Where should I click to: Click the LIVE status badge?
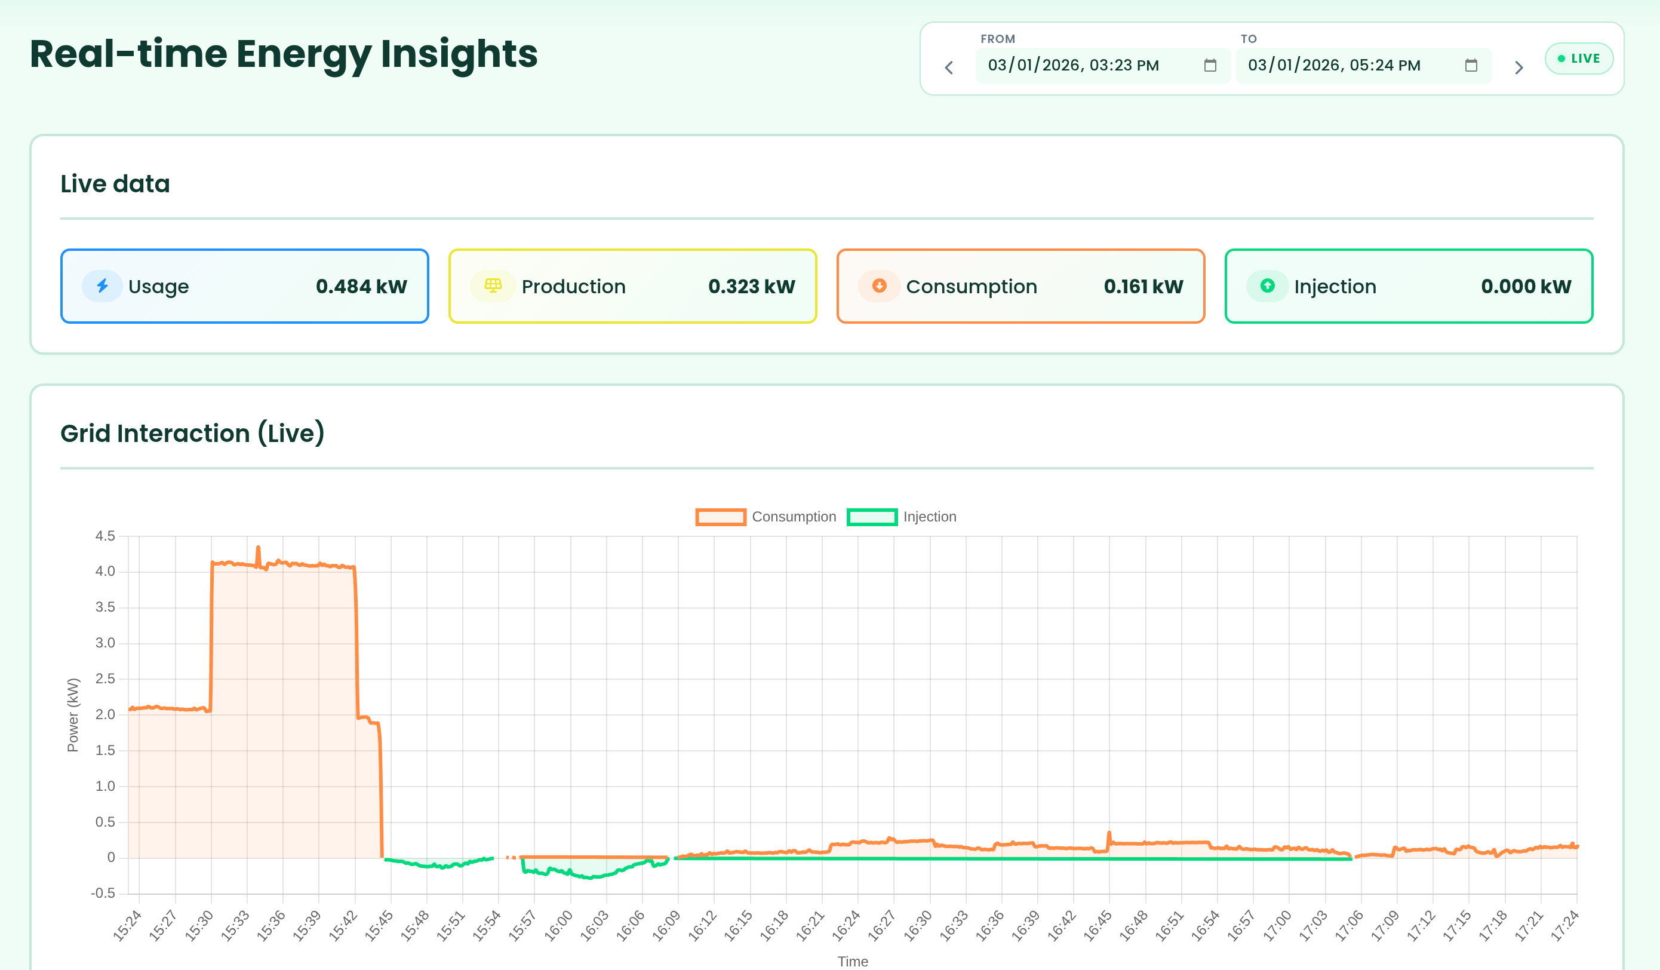click(1578, 59)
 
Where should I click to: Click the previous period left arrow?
click(949, 67)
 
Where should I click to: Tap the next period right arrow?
click(1518, 67)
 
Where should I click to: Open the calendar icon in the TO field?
click(1470, 65)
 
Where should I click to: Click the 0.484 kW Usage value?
click(361, 287)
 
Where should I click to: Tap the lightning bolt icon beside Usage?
click(102, 286)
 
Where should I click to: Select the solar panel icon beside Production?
click(493, 286)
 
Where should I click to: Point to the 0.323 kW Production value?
click(751, 287)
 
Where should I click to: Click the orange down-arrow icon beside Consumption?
click(879, 286)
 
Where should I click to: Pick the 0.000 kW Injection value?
click(1526, 287)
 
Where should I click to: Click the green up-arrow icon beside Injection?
click(1266, 286)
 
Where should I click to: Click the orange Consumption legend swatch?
click(721, 517)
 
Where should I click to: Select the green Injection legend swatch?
click(872, 517)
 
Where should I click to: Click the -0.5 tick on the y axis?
click(103, 894)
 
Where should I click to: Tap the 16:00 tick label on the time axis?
click(558, 925)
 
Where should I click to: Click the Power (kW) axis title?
click(73, 715)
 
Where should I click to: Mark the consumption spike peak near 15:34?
click(258, 547)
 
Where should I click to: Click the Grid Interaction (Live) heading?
click(192, 434)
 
